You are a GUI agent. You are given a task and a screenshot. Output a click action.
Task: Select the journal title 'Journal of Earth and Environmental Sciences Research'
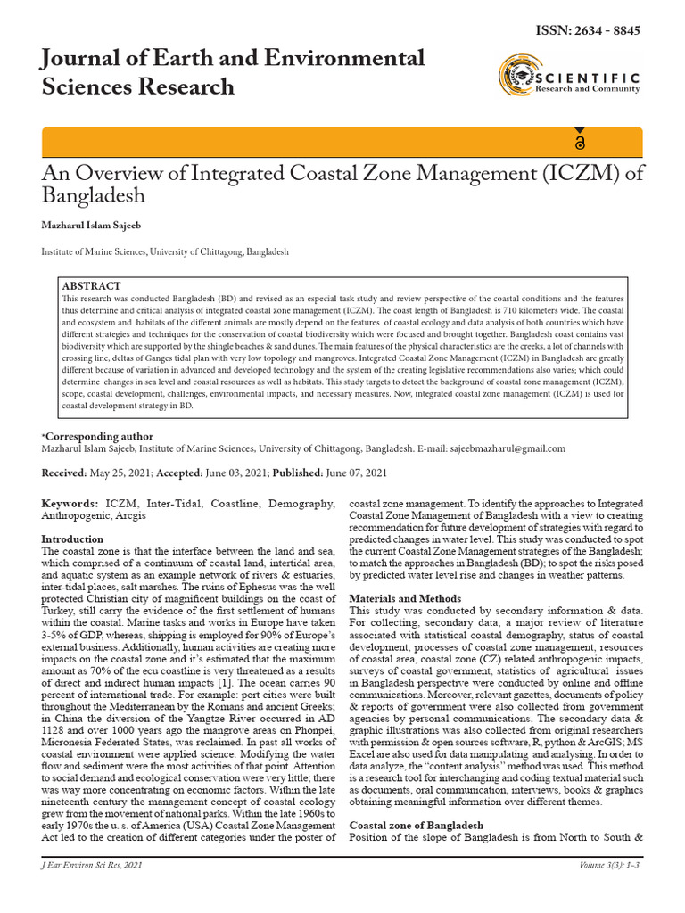click(x=233, y=72)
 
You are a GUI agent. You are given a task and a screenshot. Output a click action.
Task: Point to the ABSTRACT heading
click(x=91, y=285)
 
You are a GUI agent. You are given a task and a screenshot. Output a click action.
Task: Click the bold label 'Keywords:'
click(x=70, y=504)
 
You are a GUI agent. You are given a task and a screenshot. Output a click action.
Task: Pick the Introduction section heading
click(x=73, y=539)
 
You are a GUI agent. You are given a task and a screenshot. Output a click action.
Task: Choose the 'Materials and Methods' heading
click(x=404, y=598)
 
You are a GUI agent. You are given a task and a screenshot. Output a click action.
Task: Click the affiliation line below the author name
click(x=165, y=252)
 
